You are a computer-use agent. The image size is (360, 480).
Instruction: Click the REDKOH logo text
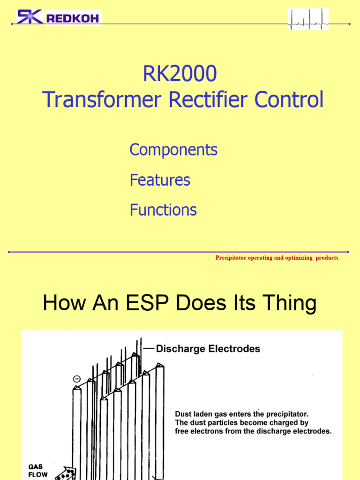tap(72, 18)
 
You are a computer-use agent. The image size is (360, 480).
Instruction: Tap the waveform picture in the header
tap(308, 19)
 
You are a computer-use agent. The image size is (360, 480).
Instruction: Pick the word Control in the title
tap(289, 100)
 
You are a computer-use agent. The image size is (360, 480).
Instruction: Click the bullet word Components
tap(173, 150)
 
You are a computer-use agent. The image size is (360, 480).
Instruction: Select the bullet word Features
tap(160, 180)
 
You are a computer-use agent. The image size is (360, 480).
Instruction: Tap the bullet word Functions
tap(163, 210)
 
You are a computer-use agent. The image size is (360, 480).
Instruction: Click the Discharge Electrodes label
tap(208, 349)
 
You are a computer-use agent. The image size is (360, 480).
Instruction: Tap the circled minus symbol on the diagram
tap(76, 378)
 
